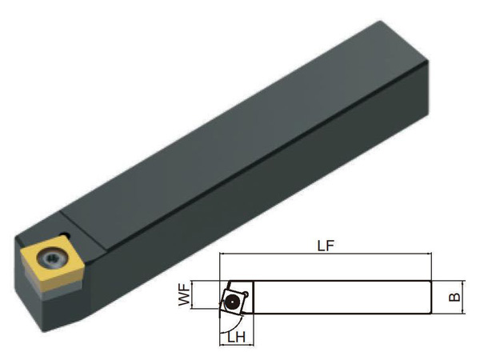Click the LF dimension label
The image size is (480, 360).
tap(326, 246)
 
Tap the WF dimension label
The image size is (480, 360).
tap(184, 294)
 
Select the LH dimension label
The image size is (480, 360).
tap(236, 338)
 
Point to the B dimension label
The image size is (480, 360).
tap(454, 297)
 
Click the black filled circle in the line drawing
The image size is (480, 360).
tap(232, 302)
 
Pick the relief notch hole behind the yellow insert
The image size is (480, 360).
tap(65, 236)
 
